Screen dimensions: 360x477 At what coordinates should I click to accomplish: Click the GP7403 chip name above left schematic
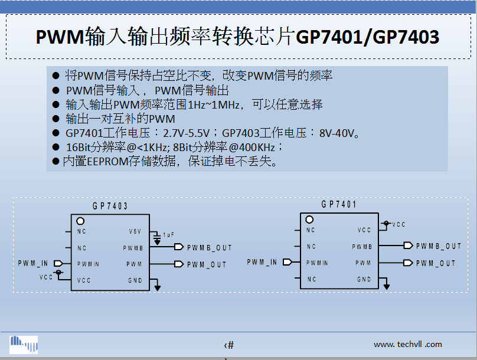110,206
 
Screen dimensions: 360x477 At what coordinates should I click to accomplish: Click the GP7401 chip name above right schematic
339,205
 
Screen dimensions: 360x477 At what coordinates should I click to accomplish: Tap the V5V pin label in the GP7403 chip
135,231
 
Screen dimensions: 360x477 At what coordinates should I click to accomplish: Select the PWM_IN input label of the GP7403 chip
33,263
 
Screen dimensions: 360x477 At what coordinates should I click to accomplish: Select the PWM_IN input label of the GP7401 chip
262,261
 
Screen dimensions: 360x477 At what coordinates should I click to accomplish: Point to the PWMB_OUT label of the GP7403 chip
210,248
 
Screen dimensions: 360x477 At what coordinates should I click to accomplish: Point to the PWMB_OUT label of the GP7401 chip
439,246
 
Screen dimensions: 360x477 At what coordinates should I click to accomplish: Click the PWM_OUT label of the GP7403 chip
207,264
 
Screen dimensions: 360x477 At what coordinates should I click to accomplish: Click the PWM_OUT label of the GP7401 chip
436,263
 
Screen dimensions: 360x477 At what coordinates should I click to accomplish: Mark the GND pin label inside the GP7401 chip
364,279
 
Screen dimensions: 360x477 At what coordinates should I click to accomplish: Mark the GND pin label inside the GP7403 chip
135,280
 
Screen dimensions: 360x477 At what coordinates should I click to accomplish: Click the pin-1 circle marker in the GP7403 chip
80,220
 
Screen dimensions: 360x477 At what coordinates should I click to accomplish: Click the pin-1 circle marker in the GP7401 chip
309,219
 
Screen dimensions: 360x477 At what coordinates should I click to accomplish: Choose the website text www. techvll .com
407,345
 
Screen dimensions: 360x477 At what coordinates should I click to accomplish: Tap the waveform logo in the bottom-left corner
24,344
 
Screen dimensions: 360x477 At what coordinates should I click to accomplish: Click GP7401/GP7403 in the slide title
367,37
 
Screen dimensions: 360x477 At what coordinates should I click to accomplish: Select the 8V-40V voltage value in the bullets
339,133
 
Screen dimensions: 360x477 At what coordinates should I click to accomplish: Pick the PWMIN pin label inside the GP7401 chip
317,263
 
